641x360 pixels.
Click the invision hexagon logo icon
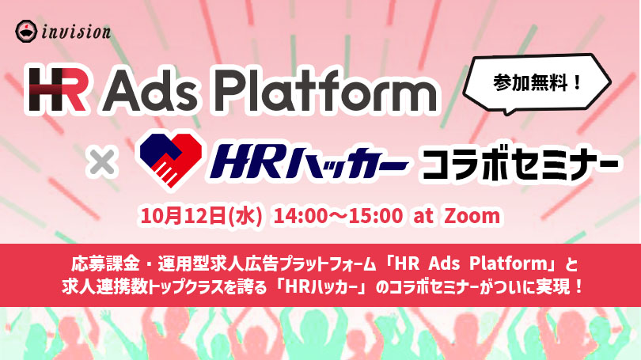point(27,32)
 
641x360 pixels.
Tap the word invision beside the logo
point(76,32)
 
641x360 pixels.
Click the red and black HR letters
point(57,90)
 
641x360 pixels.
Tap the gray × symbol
point(102,163)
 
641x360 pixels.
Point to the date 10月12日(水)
point(201,215)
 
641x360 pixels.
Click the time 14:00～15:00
point(339,216)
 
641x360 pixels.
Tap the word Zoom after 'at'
point(472,216)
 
